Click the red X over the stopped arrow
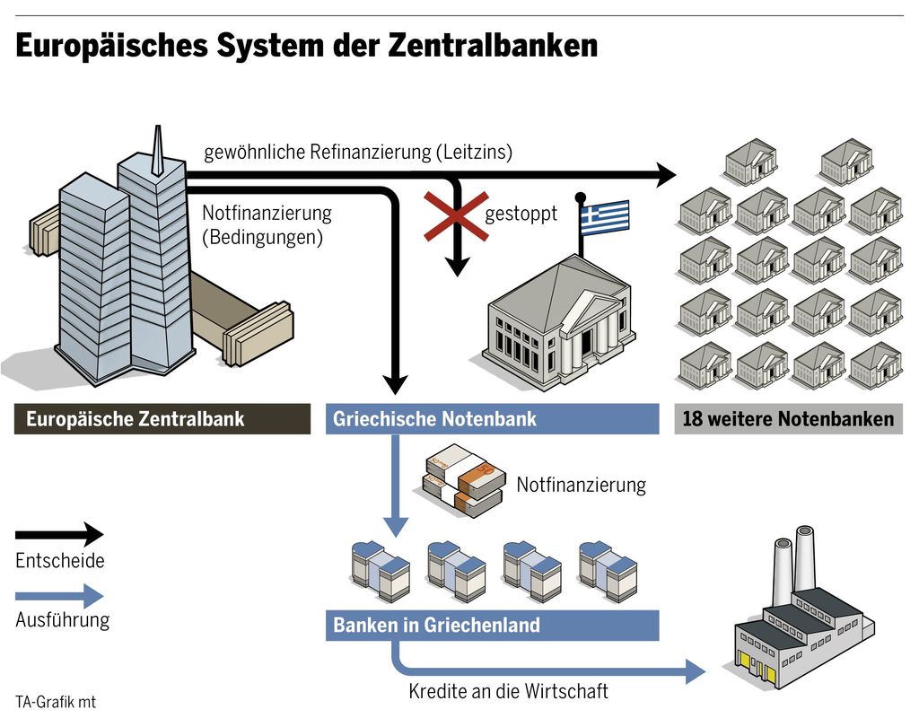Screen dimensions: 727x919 click(x=456, y=216)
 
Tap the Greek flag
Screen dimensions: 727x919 click(x=605, y=215)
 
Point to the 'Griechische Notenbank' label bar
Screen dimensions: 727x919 click(x=491, y=419)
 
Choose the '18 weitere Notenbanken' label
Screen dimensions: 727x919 click(x=788, y=419)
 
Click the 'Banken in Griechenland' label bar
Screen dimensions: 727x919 click(x=491, y=625)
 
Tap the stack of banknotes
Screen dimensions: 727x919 click(x=465, y=486)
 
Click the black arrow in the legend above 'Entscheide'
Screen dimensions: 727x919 click(x=60, y=535)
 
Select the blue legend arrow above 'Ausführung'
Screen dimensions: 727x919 click(x=60, y=595)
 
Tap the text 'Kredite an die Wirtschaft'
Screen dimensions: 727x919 click(x=508, y=692)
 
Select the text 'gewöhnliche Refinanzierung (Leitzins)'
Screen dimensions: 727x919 click(x=358, y=153)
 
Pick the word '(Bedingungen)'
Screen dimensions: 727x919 click(x=262, y=239)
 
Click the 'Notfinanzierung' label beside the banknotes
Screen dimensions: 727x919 click(x=581, y=486)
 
